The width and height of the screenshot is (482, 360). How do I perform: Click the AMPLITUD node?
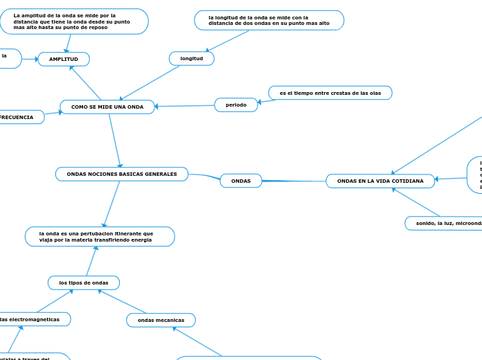pos(63,60)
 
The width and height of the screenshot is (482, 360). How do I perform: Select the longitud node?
pos(192,59)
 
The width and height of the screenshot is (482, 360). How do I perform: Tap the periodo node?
pos(236,105)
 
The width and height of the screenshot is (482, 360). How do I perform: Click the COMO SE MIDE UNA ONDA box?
pos(107,107)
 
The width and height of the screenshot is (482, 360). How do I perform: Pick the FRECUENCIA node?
pos(18,118)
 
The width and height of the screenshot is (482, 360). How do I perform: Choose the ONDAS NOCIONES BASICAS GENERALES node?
pos(122,174)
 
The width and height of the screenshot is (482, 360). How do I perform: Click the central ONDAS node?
pos(241,181)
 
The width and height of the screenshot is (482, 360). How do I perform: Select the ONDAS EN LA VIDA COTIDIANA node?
pos(380,181)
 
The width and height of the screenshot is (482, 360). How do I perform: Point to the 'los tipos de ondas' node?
pos(84,282)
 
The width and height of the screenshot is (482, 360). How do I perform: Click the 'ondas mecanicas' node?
pos(161,320)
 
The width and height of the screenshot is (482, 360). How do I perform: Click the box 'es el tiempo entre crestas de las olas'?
pos(330,93)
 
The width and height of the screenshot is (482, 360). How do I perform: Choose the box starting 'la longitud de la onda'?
pos(269,21)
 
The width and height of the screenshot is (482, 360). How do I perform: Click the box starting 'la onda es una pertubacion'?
pos(100,237)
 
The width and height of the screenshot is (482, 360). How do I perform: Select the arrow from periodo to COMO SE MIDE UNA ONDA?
pos(184,106)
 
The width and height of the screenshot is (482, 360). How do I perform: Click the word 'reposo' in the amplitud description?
pos(98,28)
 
